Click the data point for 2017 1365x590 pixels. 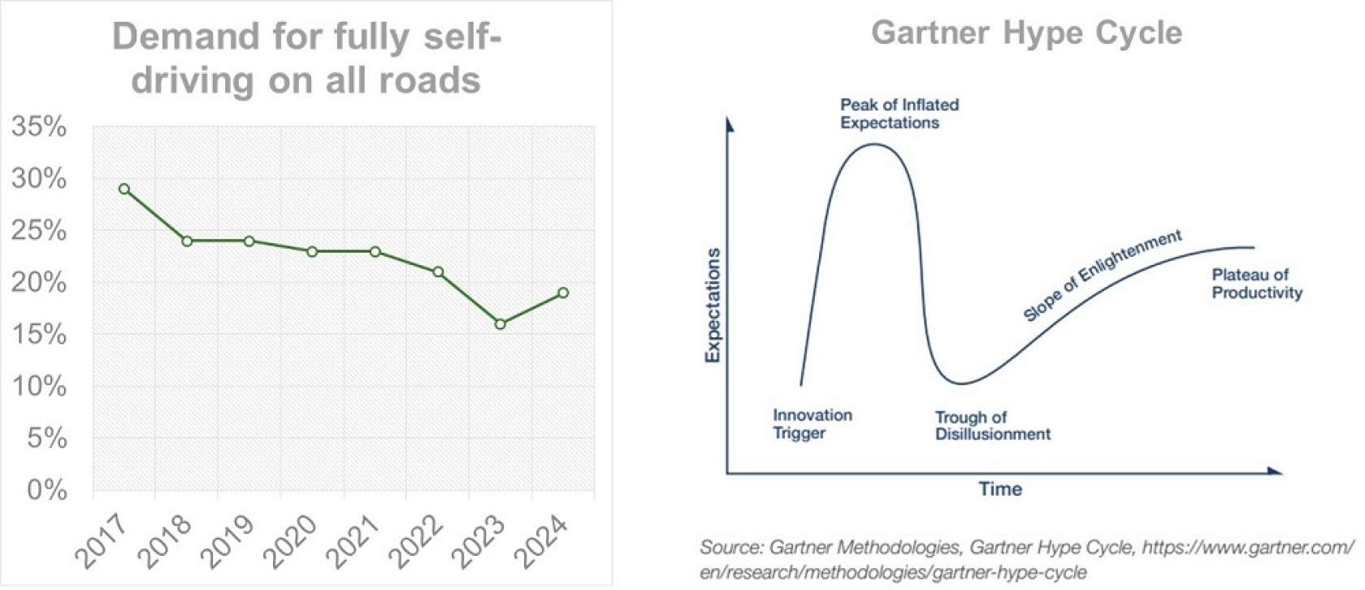[x=124, y=189]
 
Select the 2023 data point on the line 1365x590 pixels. [x=500, y=323]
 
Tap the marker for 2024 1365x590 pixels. [x=563, y=293]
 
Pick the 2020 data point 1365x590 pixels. [x=312, y=251]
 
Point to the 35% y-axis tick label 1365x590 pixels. [x=39, y=127]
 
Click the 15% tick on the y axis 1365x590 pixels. [x=39, y=334]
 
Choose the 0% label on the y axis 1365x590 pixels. [x=47, y=489]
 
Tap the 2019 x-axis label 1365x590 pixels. [x=227, y=540]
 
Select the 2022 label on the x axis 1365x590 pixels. [x=415, y=540]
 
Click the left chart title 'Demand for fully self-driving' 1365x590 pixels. [x=306, y=59]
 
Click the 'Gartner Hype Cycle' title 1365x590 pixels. [x=1026, y=33]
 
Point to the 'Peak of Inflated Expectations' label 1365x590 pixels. [x=899, y=114]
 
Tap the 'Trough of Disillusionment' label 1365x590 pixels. [x=992, y=425]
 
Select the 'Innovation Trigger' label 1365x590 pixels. [x=812, y=423]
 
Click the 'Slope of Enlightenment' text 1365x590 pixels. [x=1103, y=275]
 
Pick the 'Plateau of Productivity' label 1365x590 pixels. [x=1256, y=284]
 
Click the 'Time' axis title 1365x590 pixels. [x=1000, y=488]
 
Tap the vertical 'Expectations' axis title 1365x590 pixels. [x=713, y=305]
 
